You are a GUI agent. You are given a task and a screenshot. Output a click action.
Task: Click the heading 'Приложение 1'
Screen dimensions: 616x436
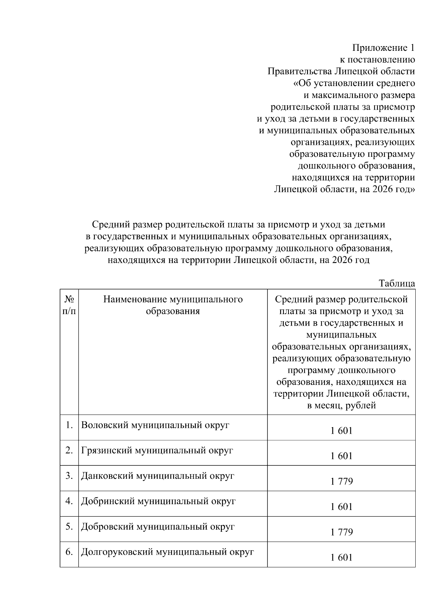383,48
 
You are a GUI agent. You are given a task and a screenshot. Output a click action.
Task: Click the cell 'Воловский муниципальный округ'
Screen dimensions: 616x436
155,425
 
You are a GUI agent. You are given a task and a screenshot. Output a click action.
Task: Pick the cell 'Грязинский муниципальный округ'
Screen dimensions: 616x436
157,450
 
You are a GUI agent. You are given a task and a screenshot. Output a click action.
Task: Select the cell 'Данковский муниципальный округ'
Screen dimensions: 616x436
158,476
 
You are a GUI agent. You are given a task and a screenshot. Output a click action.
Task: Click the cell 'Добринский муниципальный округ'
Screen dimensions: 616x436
158,501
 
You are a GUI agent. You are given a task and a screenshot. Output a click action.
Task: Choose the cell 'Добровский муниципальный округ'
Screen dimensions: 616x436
158,527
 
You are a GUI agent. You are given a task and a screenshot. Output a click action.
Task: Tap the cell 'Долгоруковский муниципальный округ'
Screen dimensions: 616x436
167,552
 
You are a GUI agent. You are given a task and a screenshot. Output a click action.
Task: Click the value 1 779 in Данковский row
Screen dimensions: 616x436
342,482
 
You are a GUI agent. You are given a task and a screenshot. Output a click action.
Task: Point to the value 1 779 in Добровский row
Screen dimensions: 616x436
342,533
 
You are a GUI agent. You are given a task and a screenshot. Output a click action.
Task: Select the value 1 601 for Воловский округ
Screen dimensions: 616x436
342,431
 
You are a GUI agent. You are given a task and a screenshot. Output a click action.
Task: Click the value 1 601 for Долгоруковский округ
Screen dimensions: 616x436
342,558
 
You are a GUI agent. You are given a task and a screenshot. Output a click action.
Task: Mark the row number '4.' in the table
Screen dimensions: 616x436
69,501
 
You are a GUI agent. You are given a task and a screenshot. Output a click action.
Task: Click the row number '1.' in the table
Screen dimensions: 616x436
69,425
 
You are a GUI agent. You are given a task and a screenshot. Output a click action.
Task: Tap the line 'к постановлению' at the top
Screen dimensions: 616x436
377,60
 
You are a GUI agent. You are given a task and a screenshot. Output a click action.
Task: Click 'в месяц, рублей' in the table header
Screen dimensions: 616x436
342,405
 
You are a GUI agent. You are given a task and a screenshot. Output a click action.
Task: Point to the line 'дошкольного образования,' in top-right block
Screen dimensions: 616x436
356,166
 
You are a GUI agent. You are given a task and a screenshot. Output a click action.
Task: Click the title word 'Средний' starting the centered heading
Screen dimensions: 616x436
109,225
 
